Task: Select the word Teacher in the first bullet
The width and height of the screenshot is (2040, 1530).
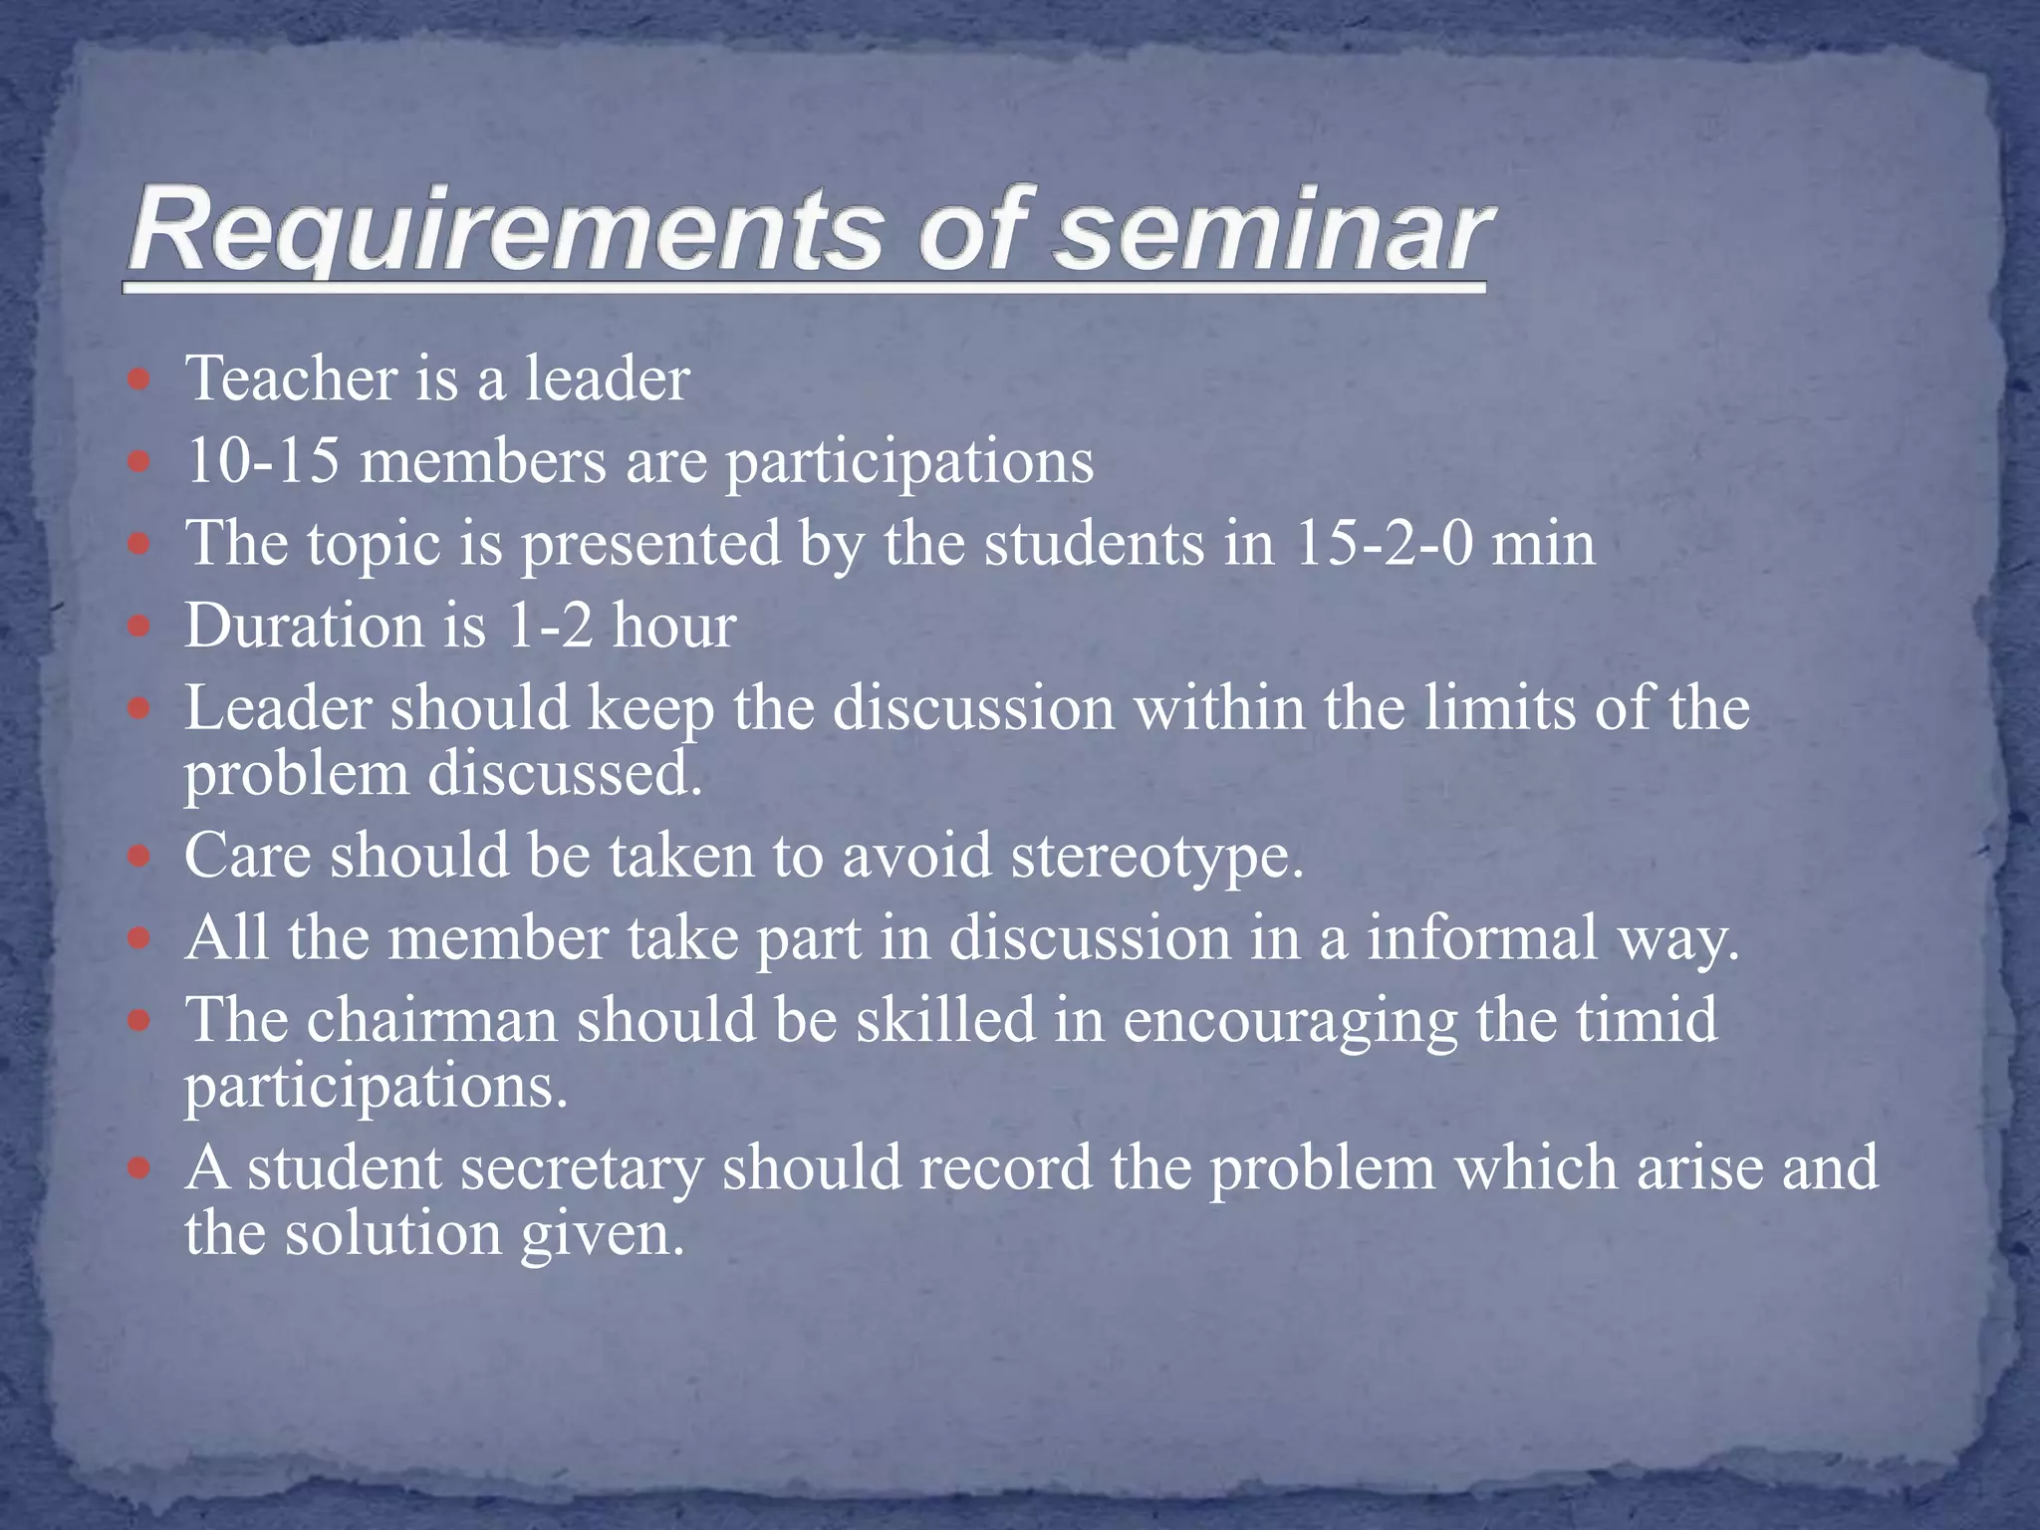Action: [291, 380]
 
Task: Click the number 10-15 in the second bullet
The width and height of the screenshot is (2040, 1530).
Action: [262, 462]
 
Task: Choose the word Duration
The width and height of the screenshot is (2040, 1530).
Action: [304, 627]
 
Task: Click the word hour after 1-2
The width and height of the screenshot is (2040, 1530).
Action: [674, 627]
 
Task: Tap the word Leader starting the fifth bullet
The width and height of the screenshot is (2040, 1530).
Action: [276, 708]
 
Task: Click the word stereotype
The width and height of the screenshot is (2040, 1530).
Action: [1157, 856]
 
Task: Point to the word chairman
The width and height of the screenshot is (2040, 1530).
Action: [431, 1021]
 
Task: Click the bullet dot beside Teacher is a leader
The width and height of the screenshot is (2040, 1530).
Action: [139, 381]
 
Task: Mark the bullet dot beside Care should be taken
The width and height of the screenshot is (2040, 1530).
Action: [139, 857]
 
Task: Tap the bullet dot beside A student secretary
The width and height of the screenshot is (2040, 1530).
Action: [139, 1168]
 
